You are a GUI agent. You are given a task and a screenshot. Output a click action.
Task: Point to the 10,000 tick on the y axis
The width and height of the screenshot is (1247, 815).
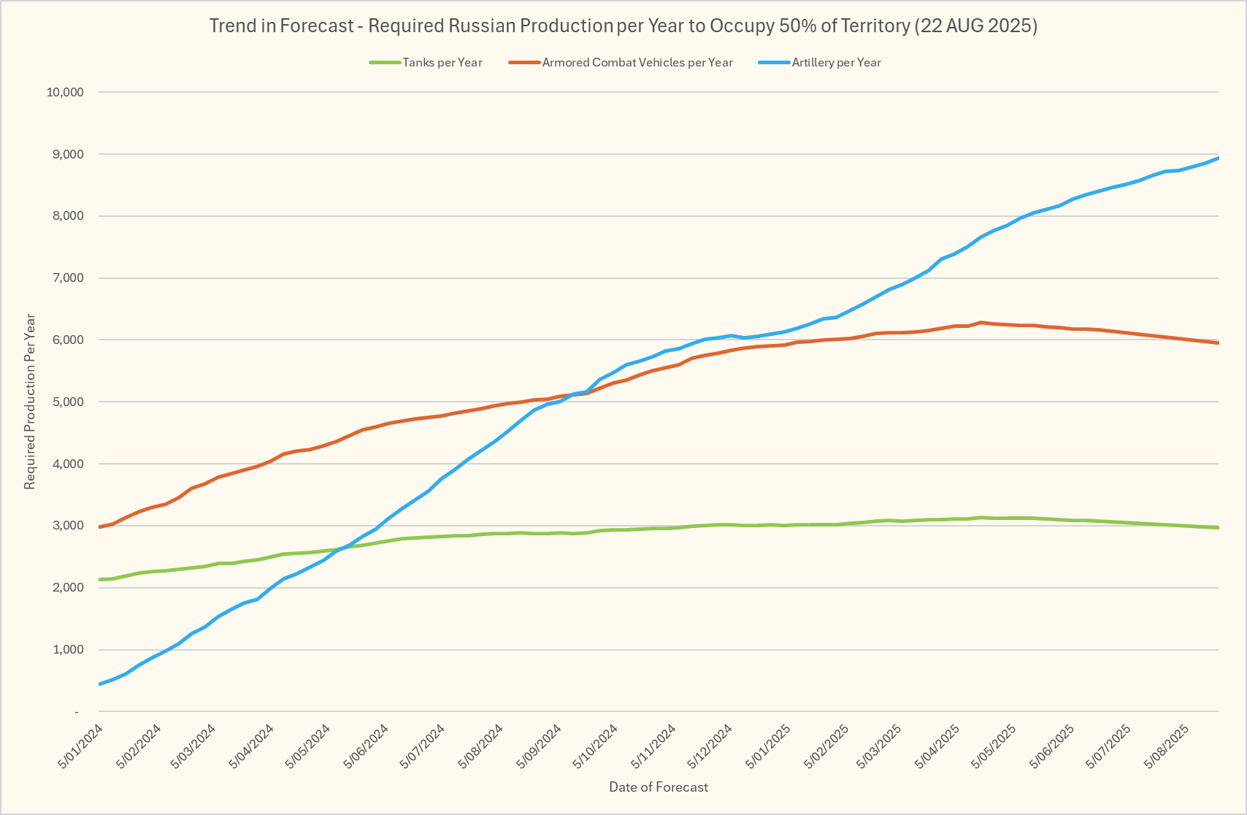[x=65, y=92]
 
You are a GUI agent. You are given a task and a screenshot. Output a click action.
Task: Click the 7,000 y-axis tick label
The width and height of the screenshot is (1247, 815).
[x=68, y=278]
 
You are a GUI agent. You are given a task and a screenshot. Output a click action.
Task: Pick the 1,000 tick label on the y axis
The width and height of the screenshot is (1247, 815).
[x=68, y=650]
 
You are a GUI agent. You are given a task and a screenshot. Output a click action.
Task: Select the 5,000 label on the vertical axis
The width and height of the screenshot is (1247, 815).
[x=68, y=402]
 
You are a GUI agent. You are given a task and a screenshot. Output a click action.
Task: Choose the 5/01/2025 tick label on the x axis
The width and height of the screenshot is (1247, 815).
[x=769, y=745]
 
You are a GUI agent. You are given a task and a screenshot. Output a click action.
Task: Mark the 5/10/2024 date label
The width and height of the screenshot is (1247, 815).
[x=596, y=745]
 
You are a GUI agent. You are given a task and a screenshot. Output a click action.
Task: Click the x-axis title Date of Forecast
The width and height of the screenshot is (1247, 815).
[x=659, y=787]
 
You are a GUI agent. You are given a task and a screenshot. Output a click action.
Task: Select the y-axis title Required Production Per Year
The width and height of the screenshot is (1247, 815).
[x=30, y=402]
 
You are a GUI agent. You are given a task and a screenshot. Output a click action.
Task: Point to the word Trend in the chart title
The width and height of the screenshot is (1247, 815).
[x=231, y=26]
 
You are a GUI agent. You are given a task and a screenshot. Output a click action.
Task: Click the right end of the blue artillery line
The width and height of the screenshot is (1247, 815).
[x=1218, y=158]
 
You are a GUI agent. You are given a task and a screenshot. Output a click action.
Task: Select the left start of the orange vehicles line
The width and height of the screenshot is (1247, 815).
[x=99, y=527]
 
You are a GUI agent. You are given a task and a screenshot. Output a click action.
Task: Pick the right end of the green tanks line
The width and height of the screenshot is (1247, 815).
[x=1218, y=527]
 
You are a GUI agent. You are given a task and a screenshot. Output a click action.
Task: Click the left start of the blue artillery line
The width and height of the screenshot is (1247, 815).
[x=99, y=684]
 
